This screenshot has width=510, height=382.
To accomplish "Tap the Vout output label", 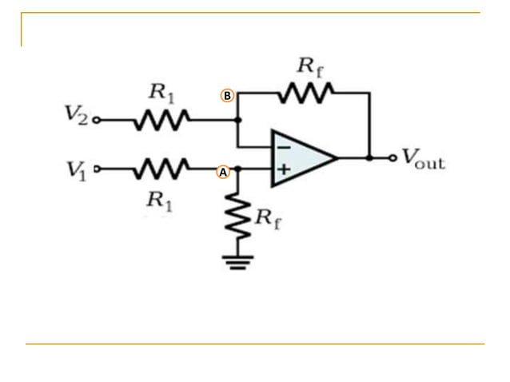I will (422, 158).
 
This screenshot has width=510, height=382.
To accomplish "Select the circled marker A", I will (223, 171).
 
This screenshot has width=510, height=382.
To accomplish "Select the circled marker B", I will (227, 96).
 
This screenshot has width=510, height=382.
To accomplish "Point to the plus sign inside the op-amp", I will (282, 169).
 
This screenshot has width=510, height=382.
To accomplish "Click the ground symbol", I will (237, 261).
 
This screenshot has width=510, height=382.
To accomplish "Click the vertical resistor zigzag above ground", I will (237, 217).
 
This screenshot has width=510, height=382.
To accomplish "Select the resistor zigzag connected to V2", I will (160, 121).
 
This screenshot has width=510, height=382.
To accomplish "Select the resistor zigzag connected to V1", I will (160, 169).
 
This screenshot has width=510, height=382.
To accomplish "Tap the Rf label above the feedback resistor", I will (310, 66).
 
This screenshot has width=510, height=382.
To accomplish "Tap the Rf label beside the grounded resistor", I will (267, 217).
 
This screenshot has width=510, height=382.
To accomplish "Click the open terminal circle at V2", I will (97, 121).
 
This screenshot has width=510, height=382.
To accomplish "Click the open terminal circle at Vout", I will (392, 158).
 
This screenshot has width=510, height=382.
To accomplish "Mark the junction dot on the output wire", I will (369, 158).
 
